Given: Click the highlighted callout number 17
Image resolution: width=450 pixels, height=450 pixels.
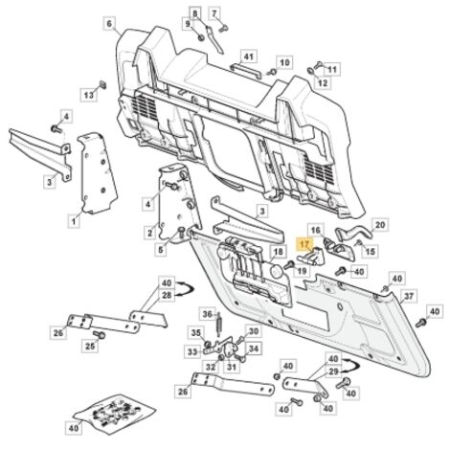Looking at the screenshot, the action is point(304,245).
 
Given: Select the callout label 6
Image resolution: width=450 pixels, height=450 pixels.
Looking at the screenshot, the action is point(109,24).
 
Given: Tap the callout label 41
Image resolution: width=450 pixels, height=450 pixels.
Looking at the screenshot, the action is point(249,57).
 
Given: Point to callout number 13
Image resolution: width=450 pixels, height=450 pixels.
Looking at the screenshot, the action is point(89,95).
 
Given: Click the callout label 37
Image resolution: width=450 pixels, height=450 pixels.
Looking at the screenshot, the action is point(409,297).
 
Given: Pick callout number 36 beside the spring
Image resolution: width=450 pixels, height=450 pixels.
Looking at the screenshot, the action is point(208,315).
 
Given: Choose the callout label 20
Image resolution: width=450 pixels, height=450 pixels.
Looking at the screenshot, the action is point(380,225).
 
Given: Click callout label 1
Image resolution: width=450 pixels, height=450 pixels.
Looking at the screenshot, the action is point(74,221).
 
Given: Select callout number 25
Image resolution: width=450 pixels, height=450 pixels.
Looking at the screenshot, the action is point(90,346).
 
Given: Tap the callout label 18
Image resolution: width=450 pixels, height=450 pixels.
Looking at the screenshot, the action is point(279,252).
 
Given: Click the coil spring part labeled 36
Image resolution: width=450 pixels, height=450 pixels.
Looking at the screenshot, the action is point(219,324).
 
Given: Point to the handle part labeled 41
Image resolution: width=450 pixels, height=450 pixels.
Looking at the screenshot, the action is point(246,70).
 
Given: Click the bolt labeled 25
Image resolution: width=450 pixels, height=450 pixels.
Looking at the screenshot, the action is point(100,335).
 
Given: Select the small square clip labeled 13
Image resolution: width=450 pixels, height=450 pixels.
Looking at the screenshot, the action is point(102,84).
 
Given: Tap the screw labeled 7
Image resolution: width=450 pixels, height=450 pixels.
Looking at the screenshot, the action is point(223,29).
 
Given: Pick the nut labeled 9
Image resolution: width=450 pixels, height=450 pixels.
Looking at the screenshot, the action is point(201,37).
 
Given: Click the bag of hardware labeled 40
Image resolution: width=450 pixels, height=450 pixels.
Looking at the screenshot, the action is point(115,414).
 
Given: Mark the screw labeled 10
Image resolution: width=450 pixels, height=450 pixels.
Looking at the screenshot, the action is point(272,72).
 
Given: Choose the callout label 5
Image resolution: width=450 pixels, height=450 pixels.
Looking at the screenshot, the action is point(161,249).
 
